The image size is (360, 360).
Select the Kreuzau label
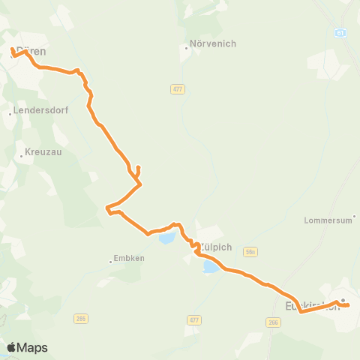point(43,151)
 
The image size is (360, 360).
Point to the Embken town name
point(130,258)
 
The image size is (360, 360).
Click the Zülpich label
point(217,247)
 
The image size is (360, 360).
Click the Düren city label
point(31,52)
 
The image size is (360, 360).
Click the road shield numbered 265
point(81,319)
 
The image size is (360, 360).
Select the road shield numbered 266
point(274,322)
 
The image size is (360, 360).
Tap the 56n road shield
point(250,253)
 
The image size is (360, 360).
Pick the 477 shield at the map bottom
point(194,319)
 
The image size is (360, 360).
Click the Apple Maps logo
point(27,347)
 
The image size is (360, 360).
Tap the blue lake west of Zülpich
point(166,238)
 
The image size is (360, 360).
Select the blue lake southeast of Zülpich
point(210,266)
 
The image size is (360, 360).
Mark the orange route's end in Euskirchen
point(349,304)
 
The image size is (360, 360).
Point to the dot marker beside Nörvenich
point(187,49)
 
